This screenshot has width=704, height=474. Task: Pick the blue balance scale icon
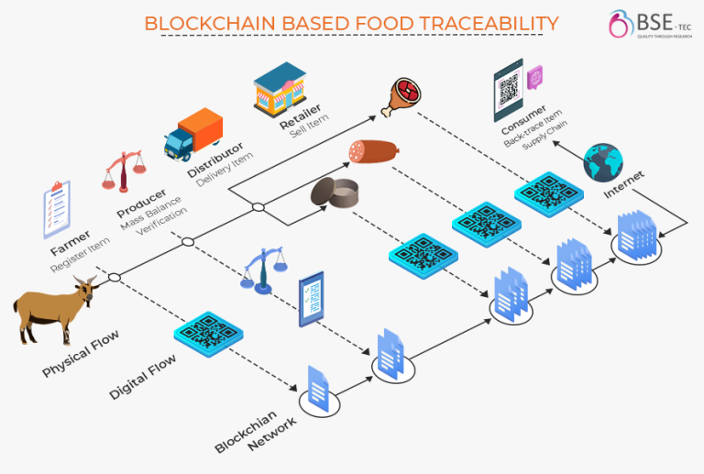tap(263, 270)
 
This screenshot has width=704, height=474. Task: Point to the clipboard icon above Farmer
tap(57, 206)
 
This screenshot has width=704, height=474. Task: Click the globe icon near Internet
tap(603, 161)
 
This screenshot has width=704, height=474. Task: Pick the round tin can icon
tap(333, 193)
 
